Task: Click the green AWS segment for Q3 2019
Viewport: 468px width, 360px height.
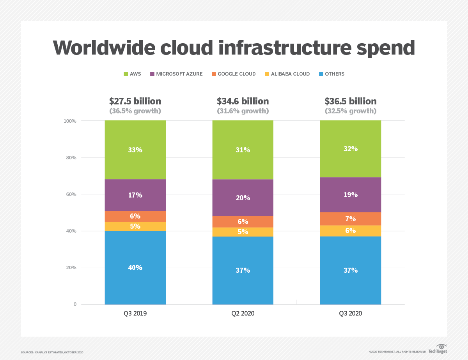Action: point(135,150)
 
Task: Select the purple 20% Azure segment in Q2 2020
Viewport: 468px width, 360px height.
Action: point(243,198)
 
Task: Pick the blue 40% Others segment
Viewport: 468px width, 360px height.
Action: point(135,268)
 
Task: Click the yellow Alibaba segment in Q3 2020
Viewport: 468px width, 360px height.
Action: point(350,231)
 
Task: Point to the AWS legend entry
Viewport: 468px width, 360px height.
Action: point(132,74)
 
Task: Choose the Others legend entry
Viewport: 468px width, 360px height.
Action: point(331,74)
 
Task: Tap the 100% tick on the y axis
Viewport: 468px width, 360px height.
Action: point(70,121)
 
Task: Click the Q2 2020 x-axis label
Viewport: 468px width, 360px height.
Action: point(243,313)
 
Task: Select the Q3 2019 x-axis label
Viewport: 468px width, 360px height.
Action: point(135,313)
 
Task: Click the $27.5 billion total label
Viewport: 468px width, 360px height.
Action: point(135,101)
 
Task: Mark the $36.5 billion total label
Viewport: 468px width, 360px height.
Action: point(350,101)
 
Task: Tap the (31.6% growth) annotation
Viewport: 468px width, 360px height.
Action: point(243,111)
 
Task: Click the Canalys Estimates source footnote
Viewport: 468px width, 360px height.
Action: point(52,352)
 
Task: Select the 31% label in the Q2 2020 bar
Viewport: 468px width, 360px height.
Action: point(243,150)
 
